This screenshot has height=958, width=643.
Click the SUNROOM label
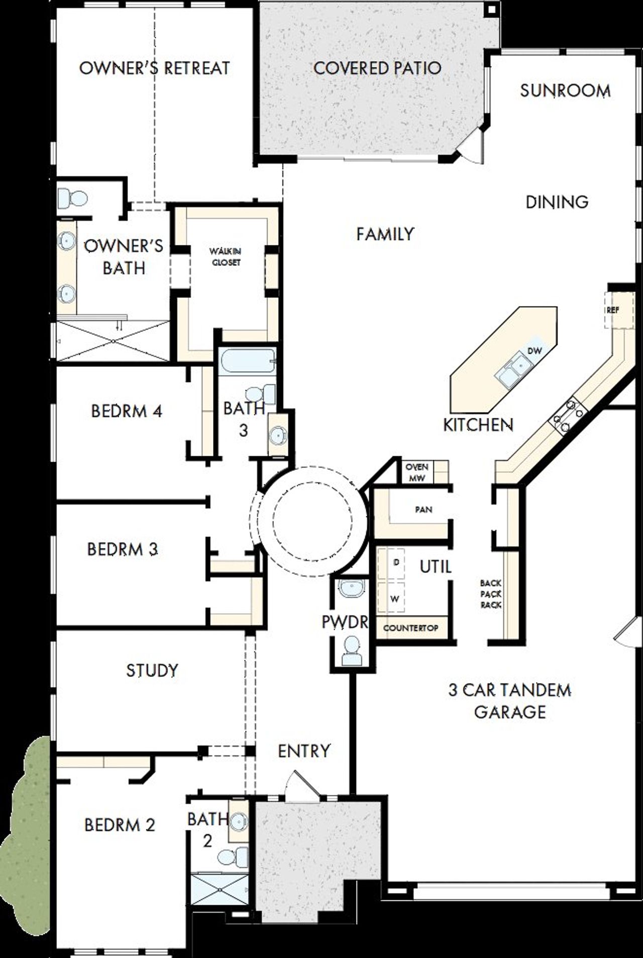[565, 91]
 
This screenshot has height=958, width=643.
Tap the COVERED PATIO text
[377, 68]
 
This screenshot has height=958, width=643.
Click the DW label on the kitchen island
[535, 351]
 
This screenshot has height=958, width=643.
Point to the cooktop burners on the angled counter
[568, 413]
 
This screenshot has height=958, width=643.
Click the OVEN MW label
[417, 473]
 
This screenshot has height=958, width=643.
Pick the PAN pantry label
[423, 510]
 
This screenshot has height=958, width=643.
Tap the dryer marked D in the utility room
[396, 562]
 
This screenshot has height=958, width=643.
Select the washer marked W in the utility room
[395, 598]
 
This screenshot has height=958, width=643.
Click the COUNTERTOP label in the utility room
[410, 628]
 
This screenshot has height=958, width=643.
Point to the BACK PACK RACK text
[491, 594]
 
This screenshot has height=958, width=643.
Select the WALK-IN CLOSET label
[226, 256]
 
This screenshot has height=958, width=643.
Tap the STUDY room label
[152, 670]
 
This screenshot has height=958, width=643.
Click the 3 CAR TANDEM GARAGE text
[510, 701]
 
